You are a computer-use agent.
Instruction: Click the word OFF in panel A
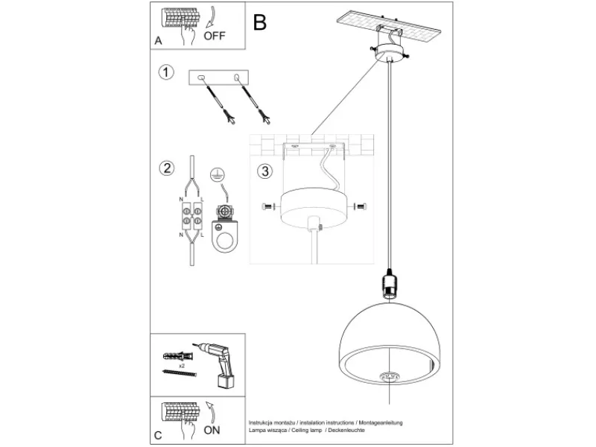pos(215,36)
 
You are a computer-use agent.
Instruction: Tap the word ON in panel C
pos(212,430)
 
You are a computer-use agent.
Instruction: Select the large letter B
pos(259,22)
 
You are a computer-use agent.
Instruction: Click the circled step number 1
pos(166,72)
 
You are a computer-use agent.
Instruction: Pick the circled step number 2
pos(167,168)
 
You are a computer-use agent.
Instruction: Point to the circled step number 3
pos(265,171)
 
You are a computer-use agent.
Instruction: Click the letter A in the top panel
pos(158,41)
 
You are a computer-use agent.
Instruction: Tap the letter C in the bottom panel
pos(158,435)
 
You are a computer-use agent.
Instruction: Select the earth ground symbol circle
pos(217,174)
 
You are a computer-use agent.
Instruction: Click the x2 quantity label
pos(182,366)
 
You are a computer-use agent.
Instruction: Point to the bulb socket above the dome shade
pos(389,284)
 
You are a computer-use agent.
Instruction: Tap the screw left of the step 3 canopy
pos(268,207)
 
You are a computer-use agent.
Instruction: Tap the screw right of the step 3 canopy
pos(361,207)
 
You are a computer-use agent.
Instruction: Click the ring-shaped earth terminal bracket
pos(224,236)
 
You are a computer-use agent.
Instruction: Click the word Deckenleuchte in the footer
pos(346,431)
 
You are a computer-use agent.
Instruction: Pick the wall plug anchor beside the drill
pos(178,357)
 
